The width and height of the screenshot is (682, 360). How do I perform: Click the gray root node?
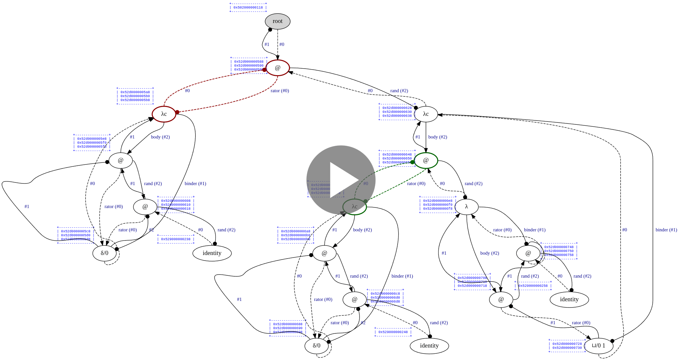pyautogui.click(x=278, y=21)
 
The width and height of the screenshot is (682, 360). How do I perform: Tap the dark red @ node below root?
pyautogui.click(x=278, y=68)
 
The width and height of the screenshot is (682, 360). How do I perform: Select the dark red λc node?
pyautogui.click(x=164, y=114)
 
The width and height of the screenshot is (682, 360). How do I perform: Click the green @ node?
pyautogui.click(x=426, y=160)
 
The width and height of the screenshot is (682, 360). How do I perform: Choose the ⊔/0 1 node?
pyautogui.click(x=599, y=346)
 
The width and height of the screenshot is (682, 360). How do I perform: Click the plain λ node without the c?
pyautogui.click(x=466, y=207)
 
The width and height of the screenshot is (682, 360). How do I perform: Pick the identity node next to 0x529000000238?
pyautogui.click(x=212, y=253)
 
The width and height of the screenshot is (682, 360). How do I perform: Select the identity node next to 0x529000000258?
pyautogui.click(x=569, y=299)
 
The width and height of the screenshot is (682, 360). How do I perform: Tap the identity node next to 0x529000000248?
pyautogui.click(x=429, y=346)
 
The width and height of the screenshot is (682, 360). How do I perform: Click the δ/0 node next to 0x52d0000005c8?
pyautogui.click(x=105, y=253)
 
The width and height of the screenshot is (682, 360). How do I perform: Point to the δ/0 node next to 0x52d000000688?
pyautogui.click(x=317, y=346)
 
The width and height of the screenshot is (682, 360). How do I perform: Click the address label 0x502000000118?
pyautogui.click(x=248, y=8)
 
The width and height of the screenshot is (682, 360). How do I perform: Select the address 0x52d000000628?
pyautogui.click(x=397, y=108)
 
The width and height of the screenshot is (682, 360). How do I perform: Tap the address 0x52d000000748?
pyautogui.click(x=559, y=247)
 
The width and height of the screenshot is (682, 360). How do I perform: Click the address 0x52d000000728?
pyautogui.click(x=567, y=344)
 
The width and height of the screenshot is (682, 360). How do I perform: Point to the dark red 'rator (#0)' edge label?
pyautogui.click(x=279, y=91)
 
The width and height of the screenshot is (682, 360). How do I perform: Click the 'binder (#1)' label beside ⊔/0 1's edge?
pyautogui.click(x=666, y=230)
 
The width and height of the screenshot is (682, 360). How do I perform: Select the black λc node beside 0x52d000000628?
pyautogui.click(x=426, y=114)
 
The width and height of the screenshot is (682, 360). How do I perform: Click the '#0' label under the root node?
pyautogui.click(x=281, y=44)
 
